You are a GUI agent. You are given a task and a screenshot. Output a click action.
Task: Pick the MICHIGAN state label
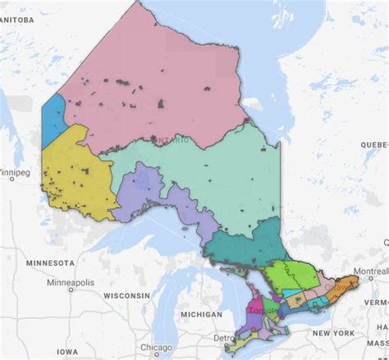(201, 315)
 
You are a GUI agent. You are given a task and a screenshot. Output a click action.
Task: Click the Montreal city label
(368, 271)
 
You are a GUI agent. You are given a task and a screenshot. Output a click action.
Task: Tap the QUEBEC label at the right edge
(373, 144)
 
